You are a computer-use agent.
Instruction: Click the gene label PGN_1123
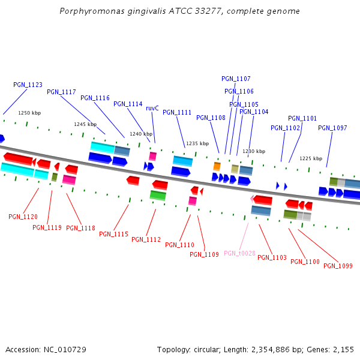pyautogui.click(x=28, y=85)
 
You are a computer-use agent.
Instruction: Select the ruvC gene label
pyautogui.click(x=152, y=108)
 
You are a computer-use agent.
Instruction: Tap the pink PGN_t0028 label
pyautogui.click(x=239, y=253)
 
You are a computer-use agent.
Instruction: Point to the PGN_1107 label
pyautogui.click(x=236, y=79)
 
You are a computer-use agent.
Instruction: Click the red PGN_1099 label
pyautogui.click(x=338, y=266)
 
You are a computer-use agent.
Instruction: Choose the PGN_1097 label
pyautogui.click(x=332, y=128)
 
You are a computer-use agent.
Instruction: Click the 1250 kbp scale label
pyautogui.click(x=29, y=113)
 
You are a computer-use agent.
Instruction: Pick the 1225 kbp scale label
pyautogui.click(x=311, y=158)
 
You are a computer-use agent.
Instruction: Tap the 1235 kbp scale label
pyautogui.click(x=197, y=143)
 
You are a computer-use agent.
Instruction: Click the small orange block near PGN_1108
pyautogui.click(x=217, y=166)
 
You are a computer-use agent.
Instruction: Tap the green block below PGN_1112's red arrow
pyautogui.click(x=158, y=195)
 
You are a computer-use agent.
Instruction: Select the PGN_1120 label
pyautogui.click(x=23, y=217)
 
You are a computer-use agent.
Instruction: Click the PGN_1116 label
pyautogui.click(x=95, y=98)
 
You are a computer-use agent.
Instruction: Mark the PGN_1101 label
pyautogui.click(x=302, y=118)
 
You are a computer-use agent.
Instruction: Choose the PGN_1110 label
pyautogui.click(x=179, y=245)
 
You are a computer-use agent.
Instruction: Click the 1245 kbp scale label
pyautogui.click(x=85, y=124)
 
